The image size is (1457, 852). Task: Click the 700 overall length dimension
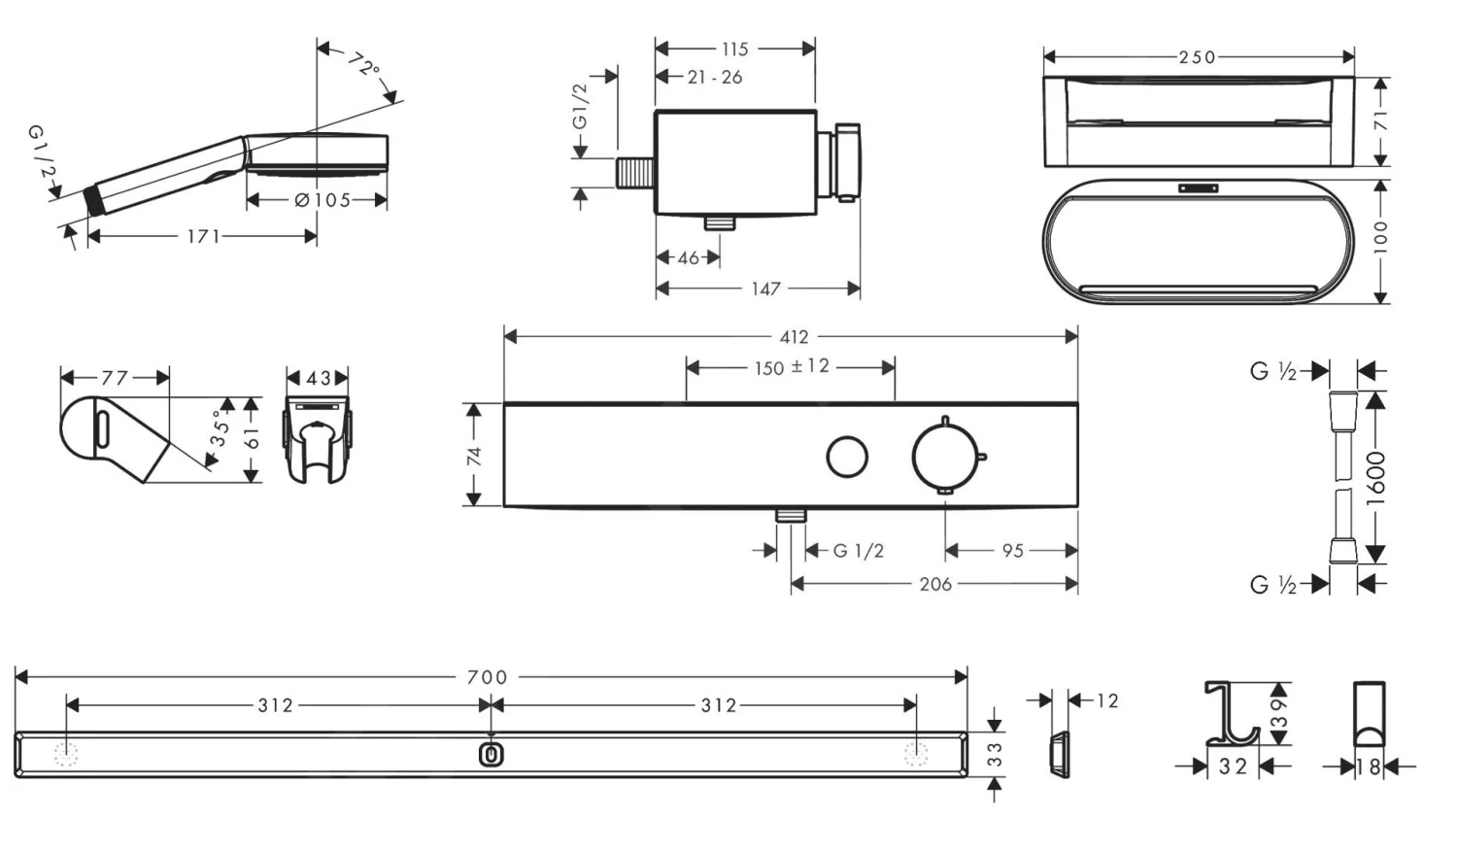(x=487, y=677)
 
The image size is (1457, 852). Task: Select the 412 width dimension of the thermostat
(x=794, y=336)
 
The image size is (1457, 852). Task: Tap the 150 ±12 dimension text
(x=792, y=367)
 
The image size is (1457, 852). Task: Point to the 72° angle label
(x=363, y=66)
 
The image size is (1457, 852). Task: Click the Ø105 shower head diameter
(x=322, y=200)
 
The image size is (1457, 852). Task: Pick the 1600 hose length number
(x=1376, y=478)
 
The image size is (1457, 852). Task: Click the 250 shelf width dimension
(x=1197, y=57)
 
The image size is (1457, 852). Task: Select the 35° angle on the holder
(x=222, y=427)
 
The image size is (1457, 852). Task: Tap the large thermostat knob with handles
(x=945, y=456)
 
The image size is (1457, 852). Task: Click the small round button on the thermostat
(x=847, y=457)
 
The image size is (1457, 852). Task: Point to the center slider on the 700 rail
(x=491, y=754)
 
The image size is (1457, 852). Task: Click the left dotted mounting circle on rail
(x=66, y=754)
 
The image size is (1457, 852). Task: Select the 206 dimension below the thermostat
(x=934, y=584)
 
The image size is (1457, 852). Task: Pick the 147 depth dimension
(x=765, y=289)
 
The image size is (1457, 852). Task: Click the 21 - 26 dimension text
(x=714, y=78)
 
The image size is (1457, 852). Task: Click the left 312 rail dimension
(x=275, y=705)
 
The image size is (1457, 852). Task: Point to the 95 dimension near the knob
(x=1012, y=551)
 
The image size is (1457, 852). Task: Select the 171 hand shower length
(x=203, y=236)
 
